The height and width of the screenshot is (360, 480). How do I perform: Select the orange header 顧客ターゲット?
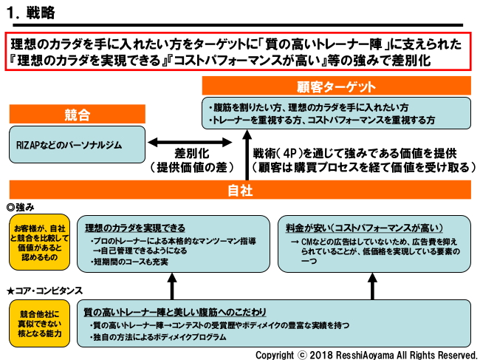click(x=337, y=87)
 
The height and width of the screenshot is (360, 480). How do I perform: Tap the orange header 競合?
click(x=77, y=115)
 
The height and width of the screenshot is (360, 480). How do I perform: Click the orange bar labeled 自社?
click(x=240, y=191)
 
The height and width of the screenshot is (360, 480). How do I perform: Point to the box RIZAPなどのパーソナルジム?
click(x=77, y=145)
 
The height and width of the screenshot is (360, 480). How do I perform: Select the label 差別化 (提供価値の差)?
click(x=191, y=160)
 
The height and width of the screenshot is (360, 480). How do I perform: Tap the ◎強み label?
click(x=21, y=206)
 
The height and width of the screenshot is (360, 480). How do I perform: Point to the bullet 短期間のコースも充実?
click(x=130, y=262)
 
